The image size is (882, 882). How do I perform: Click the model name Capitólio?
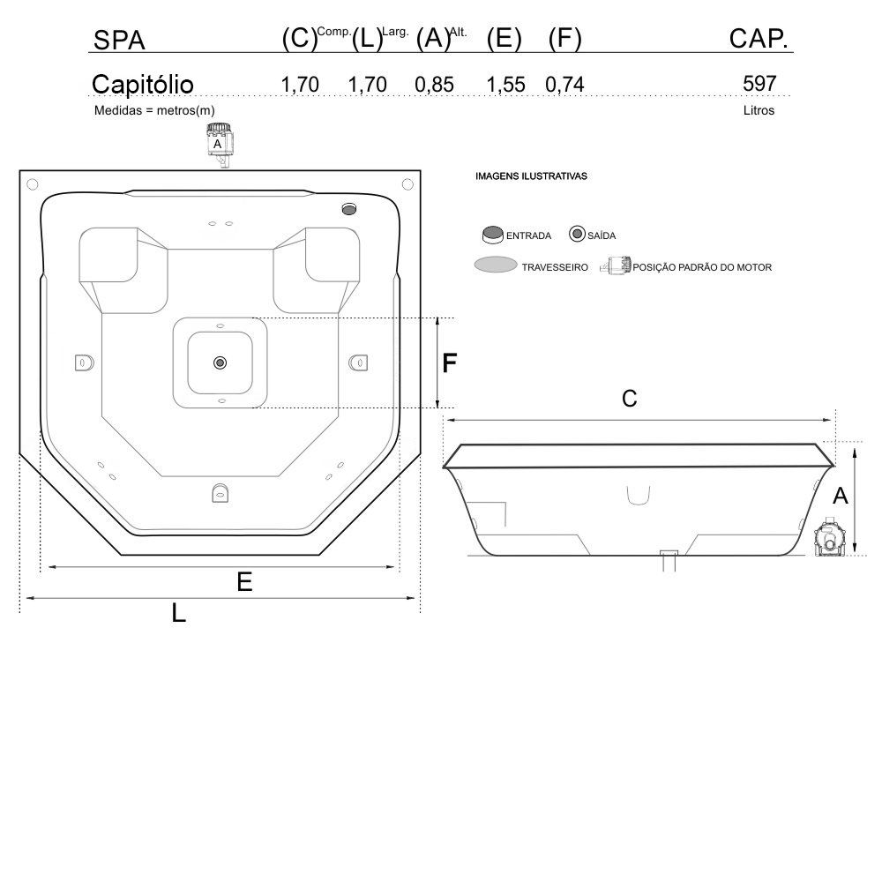[142, 85]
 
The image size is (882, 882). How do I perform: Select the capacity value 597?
[759, 83]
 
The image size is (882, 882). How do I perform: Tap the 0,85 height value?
[434, 85]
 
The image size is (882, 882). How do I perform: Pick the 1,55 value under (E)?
[505, 85]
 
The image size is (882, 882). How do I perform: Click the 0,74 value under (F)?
[564, 85]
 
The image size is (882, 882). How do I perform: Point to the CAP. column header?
[759, 38]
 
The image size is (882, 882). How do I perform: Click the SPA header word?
[119, 40]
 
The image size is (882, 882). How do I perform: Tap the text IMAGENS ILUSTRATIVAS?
[531, 176]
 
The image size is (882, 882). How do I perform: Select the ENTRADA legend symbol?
[493, 235]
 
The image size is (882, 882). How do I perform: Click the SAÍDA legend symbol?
[577, 234]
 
